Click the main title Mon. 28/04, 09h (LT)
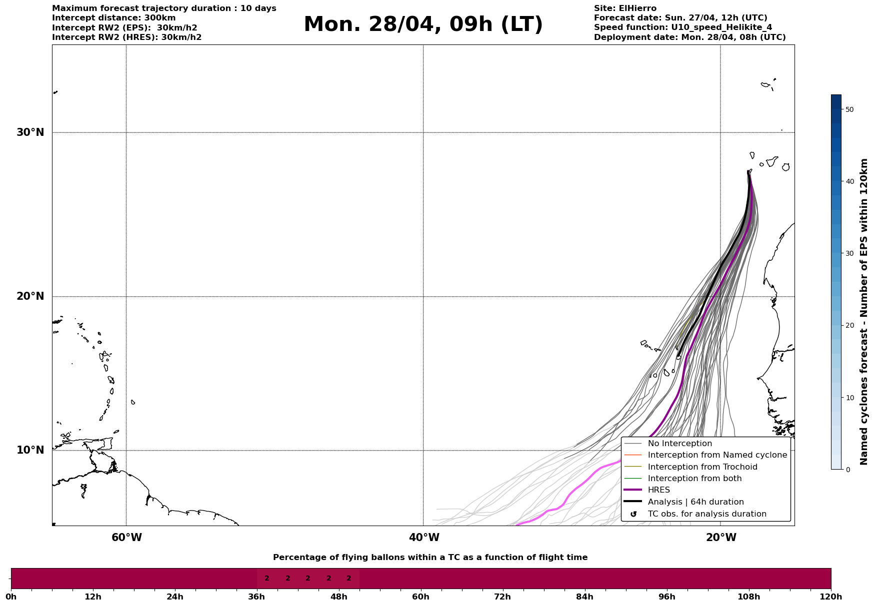tap(423, 24)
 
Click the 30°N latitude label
tap(30, 132)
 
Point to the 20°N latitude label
tap(30, 296)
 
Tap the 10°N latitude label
tap(30, 450)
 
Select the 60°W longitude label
tap(126, 538)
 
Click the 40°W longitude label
tap(424, 538)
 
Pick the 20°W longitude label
tap(721, 538)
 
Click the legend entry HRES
tap(658, 490)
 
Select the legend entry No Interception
tap(679, 444)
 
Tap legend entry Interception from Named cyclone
tap(717, 455)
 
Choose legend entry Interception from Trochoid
tap(702, 467)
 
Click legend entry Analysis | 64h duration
tap(695, 502)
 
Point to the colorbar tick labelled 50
tap(849, 109)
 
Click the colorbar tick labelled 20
tap(849, 326)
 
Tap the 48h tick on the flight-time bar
tap(339, 597)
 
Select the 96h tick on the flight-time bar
tap(667, 597)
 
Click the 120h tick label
tap(831, 597)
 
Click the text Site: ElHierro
tap(625, 8)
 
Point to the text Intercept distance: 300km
tap(113, 18)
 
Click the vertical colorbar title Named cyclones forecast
tap(864, 312)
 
